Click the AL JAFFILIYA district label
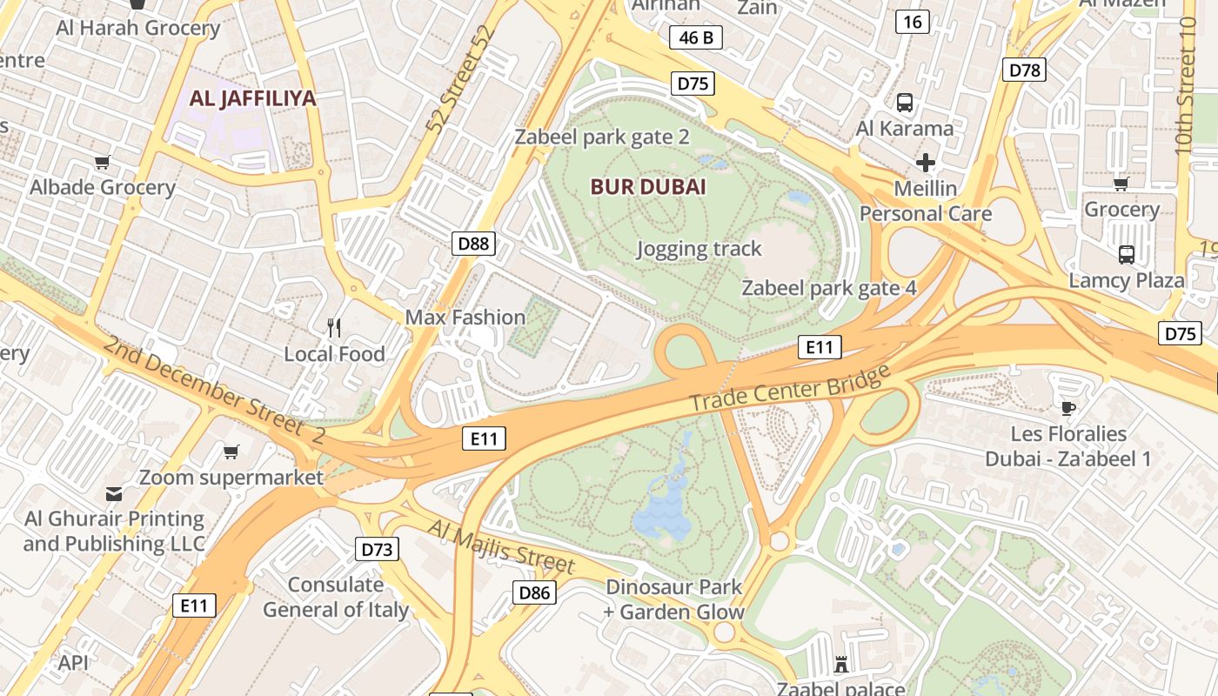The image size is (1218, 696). pyautogui.click(x=252, y=98)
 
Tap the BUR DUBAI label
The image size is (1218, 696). pyautogui.click(x=648, y=187)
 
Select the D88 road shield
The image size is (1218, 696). pyautogui.click(x=474, y=244)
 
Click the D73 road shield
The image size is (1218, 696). pyautogui.click(x=377, y=549)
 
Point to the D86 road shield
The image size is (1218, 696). pyautogui.click(x=534, y=593)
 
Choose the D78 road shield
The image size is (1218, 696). pyautogui.click(x=1024, y=70)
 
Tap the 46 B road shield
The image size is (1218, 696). pyautogui.click(x=696, y=37)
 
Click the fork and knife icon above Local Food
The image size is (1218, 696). pyautogui.click(x=334, y=327)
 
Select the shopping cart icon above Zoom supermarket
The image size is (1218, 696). pyautogui.click(x=231, y=452)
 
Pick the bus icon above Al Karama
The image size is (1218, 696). pyautogui.click(x=905, y=103)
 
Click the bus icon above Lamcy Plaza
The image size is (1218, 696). pyautogui.click(x=1127, y=254)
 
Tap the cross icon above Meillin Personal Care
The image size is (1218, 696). pyautogui.click(x=926, y=163)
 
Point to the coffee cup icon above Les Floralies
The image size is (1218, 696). pyautogui.click(x=1068, y=407)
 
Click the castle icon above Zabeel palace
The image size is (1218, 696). pyautogui.click(x=841, y=665)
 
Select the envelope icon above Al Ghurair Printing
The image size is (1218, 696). pyautogui.click(x=114, y=494)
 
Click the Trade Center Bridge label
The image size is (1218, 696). pyautogui.click(x=791, y=389)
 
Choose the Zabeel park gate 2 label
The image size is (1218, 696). pyautogui.click(x=602, y=137)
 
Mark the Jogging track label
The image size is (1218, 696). pyautogui.click(x=699, y=249)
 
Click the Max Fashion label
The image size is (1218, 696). pyautogui.click(x=465, y=318)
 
